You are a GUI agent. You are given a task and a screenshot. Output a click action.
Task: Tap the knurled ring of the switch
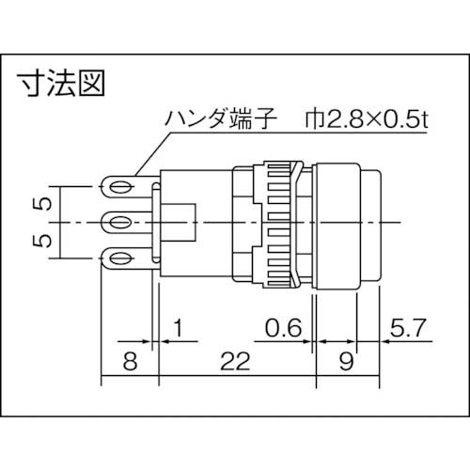click(283, 222)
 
